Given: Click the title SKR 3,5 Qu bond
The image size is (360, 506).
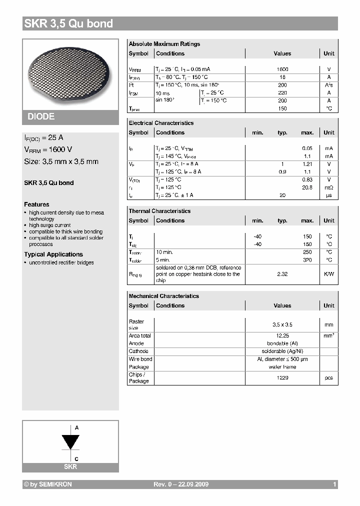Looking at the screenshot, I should click(69, 23).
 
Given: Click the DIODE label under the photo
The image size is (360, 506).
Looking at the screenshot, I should click(41, 116).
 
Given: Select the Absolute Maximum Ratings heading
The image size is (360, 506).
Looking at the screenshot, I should click(164, 44).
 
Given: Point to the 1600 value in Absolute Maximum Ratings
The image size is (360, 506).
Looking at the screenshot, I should click(282, 69).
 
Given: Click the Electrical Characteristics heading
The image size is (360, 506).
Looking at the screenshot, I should click(161, 123).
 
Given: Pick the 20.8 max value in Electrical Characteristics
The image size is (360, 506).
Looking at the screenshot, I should click(307, 187).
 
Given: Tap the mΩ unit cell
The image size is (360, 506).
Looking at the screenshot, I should click(328, 187).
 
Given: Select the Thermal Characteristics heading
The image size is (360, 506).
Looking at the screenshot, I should click(159, 211).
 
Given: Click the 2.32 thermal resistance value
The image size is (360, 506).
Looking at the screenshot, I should click(282, 274).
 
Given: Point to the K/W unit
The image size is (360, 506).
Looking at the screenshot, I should click(328, 274).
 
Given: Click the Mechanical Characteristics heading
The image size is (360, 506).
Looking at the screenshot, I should click(163, 296).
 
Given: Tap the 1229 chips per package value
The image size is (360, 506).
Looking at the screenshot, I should click(282, 378).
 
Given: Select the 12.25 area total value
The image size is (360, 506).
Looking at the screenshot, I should click(282, 335).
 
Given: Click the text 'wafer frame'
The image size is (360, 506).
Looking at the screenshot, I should click(282, 367).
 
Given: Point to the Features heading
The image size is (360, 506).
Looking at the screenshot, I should click(36, 204).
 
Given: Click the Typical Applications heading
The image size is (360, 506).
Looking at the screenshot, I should click(53, 254).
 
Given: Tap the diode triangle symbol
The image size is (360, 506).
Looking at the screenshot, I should click(70, 442).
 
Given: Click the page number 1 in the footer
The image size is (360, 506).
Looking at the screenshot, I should click(334, 484).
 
